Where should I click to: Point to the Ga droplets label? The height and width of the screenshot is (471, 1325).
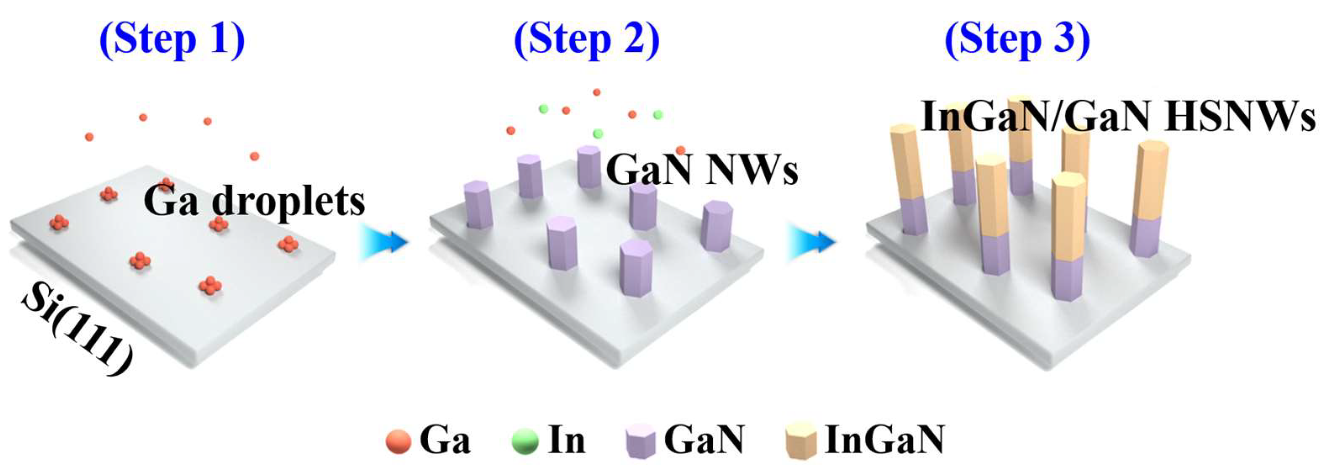coord(254,202)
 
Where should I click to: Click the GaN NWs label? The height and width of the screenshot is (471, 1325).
coord(702,170)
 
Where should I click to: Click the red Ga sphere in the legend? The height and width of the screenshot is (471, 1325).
coord(399,442)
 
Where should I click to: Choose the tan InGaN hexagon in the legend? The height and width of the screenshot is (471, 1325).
coord(801,441)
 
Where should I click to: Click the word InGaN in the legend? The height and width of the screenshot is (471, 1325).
coord(884,440)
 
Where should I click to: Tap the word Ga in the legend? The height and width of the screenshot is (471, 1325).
coord(445,440)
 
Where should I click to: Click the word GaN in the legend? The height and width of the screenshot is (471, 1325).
coord(703,440)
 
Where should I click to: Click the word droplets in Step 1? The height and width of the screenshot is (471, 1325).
coord(288,202)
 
